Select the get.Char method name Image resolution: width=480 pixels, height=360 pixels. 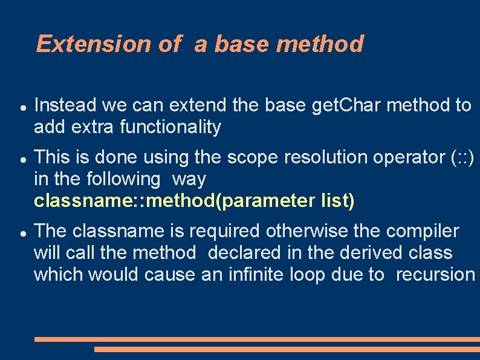point(345,105)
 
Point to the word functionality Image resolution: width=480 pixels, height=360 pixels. point(170,127)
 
